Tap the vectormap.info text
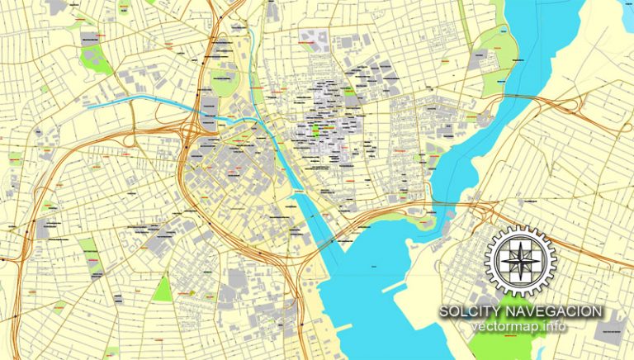tap(521, 327)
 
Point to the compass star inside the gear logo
tap(521, 258)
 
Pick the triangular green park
tap(163, 288)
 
